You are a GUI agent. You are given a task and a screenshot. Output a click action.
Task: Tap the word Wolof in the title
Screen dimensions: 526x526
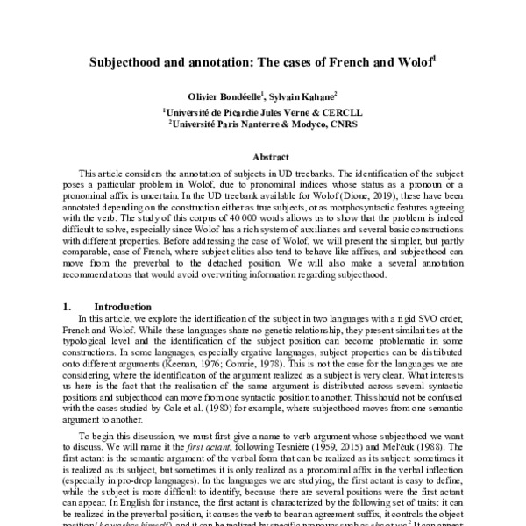[415, 64]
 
